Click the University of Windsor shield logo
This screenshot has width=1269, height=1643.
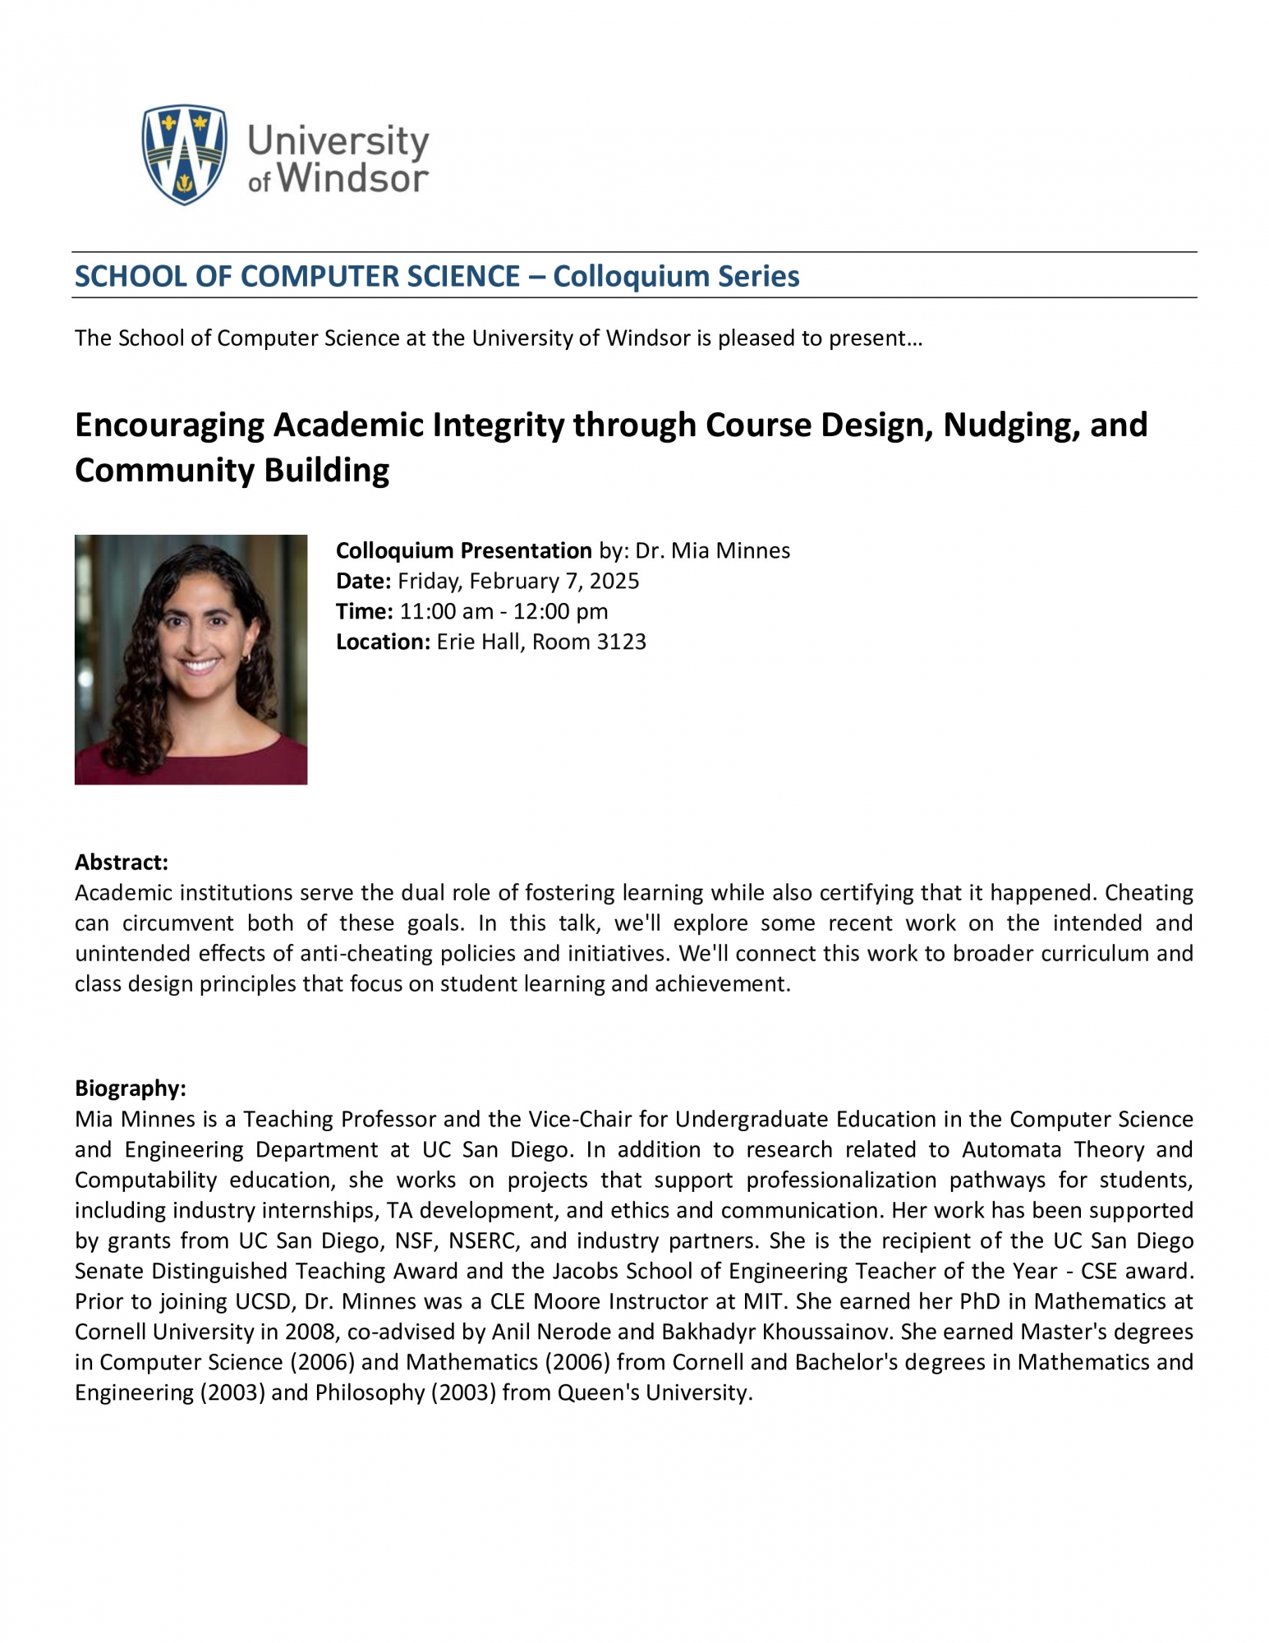184,154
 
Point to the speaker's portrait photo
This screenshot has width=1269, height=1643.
191,660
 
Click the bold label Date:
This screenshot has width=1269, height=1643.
363,582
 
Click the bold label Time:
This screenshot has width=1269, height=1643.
365,612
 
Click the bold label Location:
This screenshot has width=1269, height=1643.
383,642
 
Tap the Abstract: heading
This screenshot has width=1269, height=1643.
122,863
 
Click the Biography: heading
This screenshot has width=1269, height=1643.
131,1088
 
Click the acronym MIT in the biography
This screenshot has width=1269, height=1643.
760,1301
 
